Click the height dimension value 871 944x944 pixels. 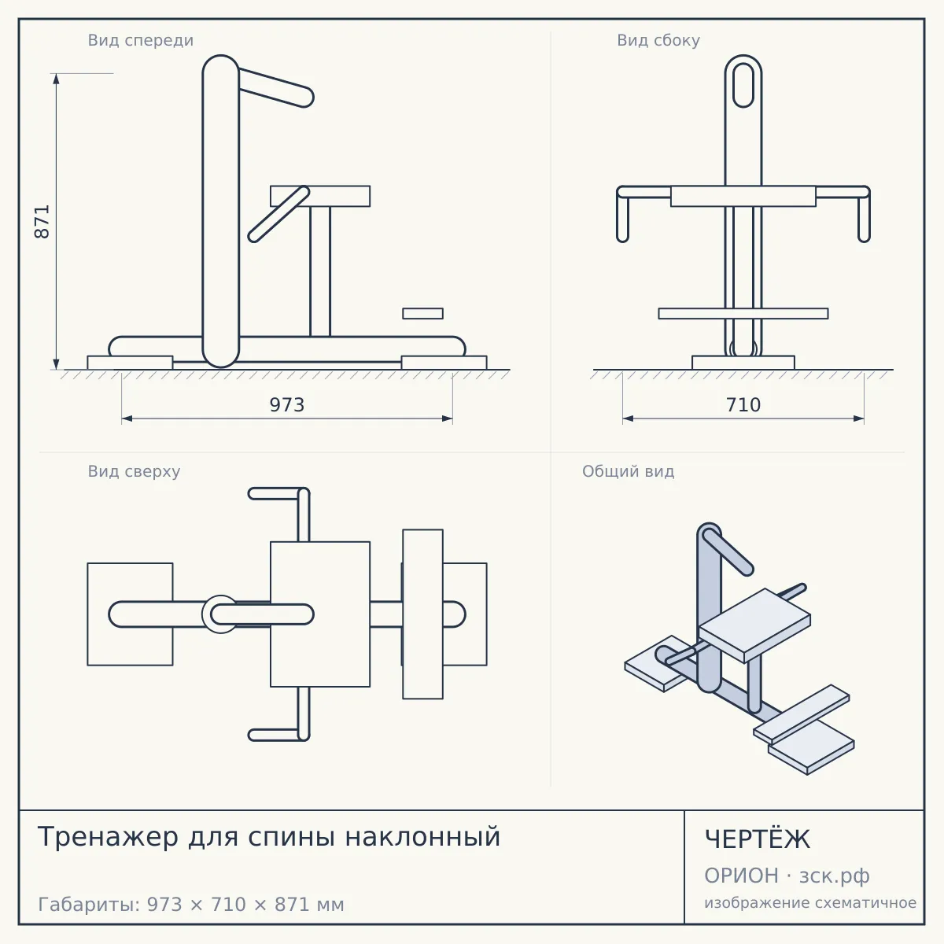click(x=42, y=221)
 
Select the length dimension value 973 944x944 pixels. click(x=287, y=405)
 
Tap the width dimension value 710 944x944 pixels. click(x=743, y=405)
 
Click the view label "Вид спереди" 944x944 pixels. click(x=141, y=40)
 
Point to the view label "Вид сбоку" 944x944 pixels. click(x=658, y=40)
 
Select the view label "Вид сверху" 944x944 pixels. click(x=135, y=471)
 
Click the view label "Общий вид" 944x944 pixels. click(x=628, y=471)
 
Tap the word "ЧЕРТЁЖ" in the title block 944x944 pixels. click(x=758, y=839)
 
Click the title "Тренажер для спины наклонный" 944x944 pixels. click(x=269, y=837)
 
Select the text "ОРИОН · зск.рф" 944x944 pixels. click(x=787, y=876)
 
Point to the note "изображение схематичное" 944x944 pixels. click(x=810, y=902)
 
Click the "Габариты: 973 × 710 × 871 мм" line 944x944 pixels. click(x=191, y=905)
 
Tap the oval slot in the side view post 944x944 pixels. click(x=743, y=85)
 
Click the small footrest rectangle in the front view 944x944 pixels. click(x=422, y=314)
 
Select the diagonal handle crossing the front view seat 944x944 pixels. click(x=278, y=214)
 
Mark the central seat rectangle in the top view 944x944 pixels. click(x=320, y=614)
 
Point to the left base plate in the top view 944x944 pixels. click(x=131, y=614)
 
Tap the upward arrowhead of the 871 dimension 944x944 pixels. click(x=57, y=79)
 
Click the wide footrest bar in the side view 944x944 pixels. click(x=743, y=314)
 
